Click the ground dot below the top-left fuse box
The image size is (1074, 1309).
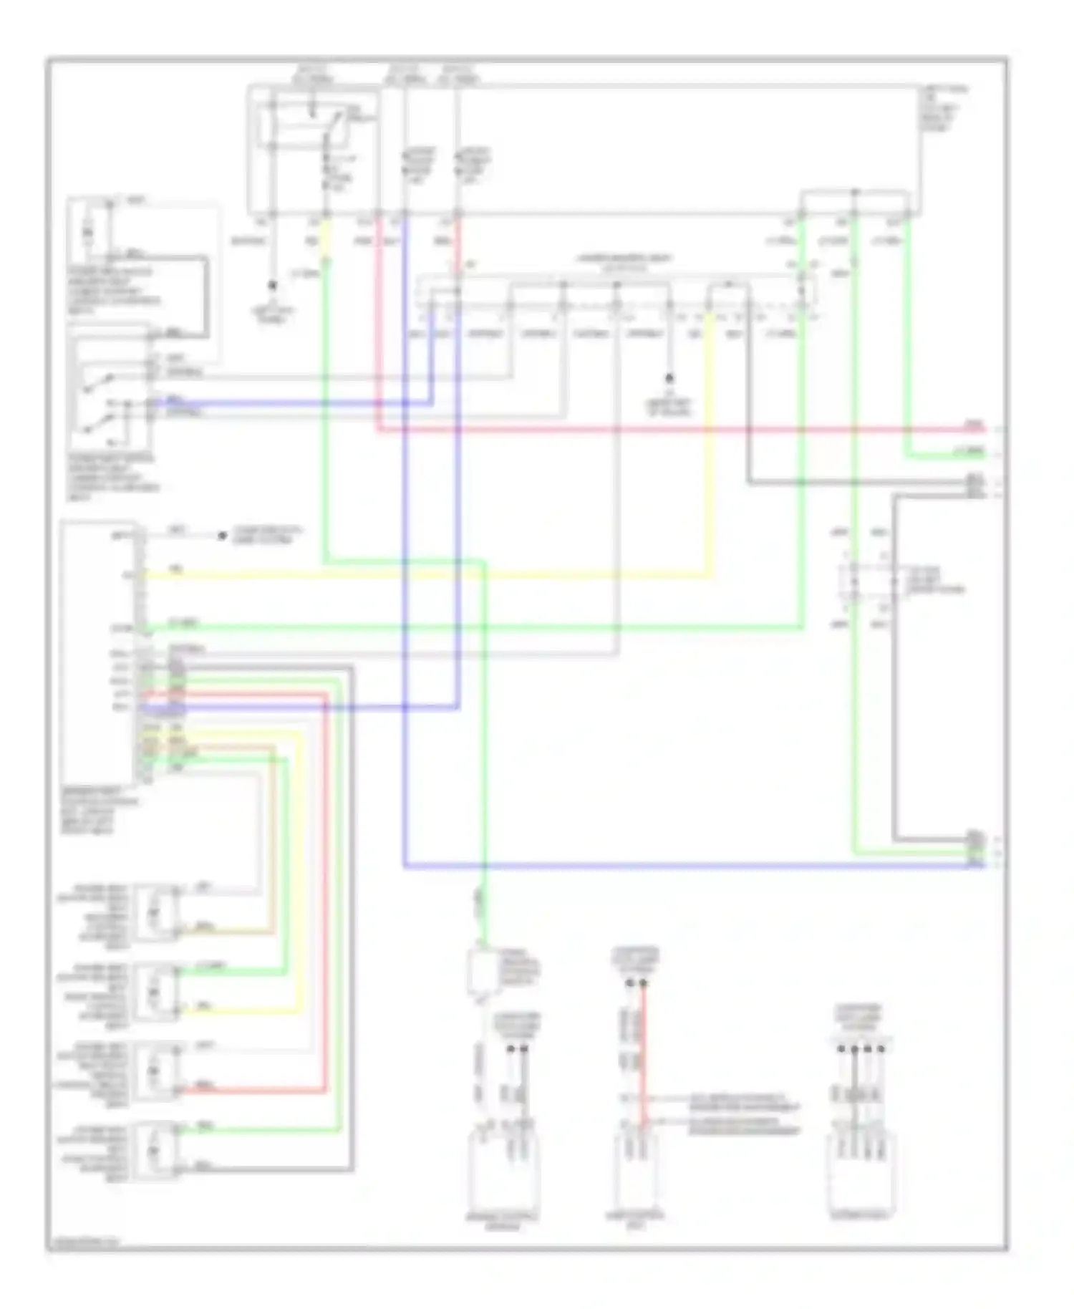pyautogui.click(x=272, y=285)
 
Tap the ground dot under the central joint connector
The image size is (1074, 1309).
pyautogui.click(x=669, y=377)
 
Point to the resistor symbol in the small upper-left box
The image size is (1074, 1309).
pyautogui.click(x=87, y=232)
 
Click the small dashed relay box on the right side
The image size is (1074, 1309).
pyautogui.click(x=870, y=580)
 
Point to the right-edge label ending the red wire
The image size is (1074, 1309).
pyautogui.click(x=974, y=427)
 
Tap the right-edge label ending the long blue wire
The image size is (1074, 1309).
pyautogui.click(x=975, y=865)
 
